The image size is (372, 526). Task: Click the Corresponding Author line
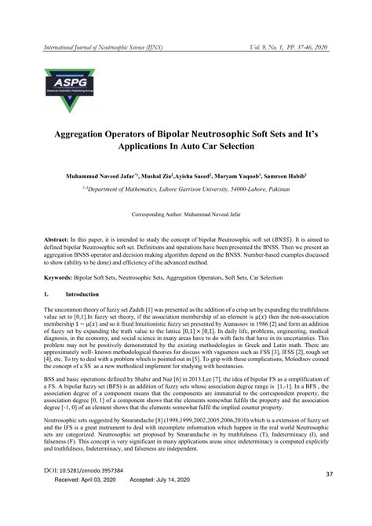click(185, 213)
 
